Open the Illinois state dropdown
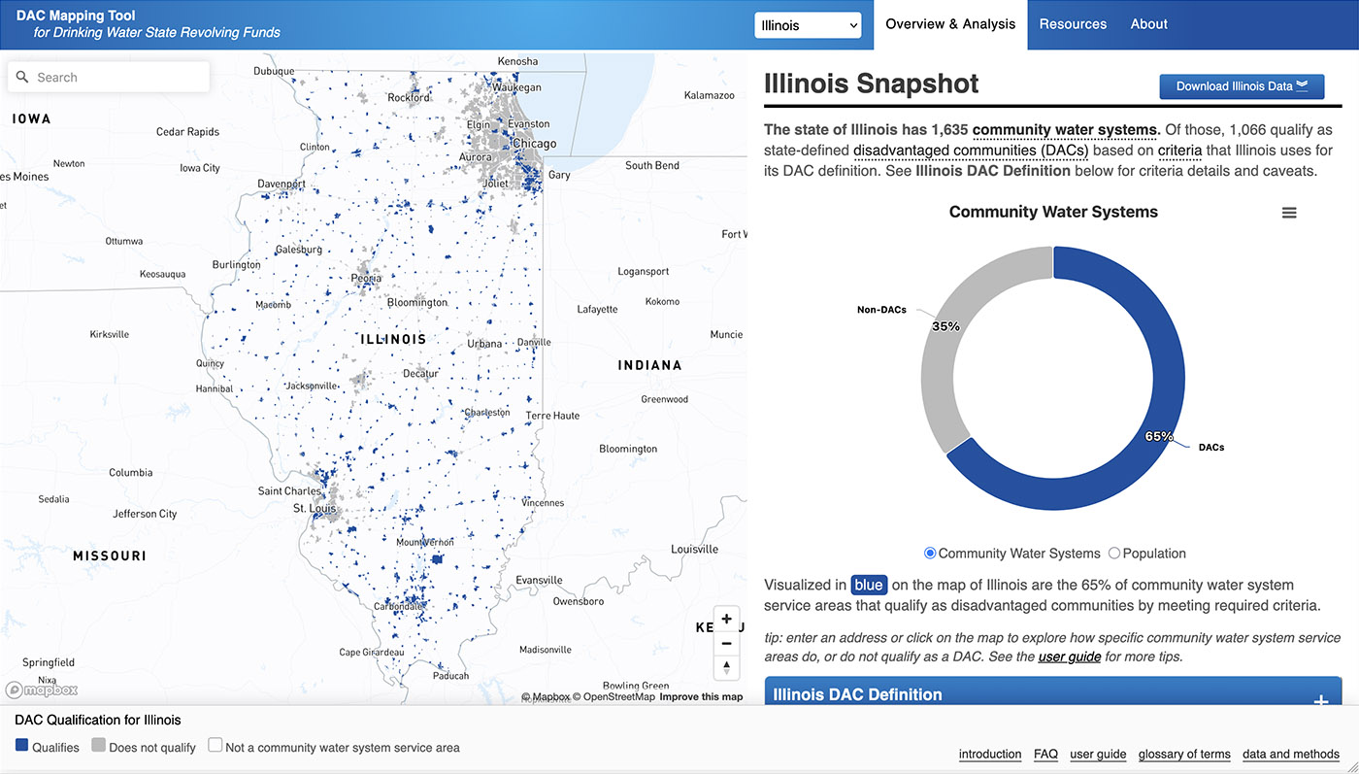tap(808, 25)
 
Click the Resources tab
tap(1073, 24)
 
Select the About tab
tap(1148, 24)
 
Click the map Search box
tap(109, 77)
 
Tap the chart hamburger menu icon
tap(1289, 213)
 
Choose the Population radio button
tap(1114, 554)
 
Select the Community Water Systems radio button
tap(930, 554)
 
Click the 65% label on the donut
tap(1159, 436)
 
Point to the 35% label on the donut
tap(945, 326)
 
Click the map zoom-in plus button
tap(726, 619)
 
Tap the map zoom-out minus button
tap(726, 643)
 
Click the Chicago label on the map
tap(534, 144)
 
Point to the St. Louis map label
tap(315, 508)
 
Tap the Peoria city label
tap(366, 279)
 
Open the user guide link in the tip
tap(1069, 656)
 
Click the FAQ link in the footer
tap(1045, 754)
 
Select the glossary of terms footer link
tap(1184, 754)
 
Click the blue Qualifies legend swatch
tap(21, 746)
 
